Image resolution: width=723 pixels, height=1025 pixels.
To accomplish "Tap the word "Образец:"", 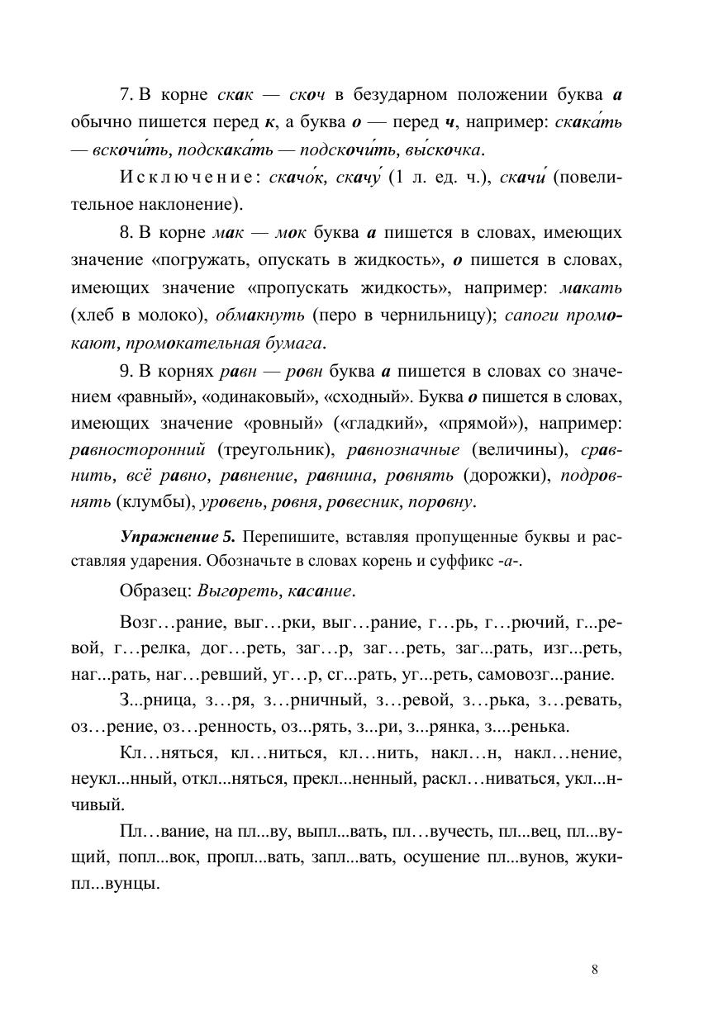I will point(155,591).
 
